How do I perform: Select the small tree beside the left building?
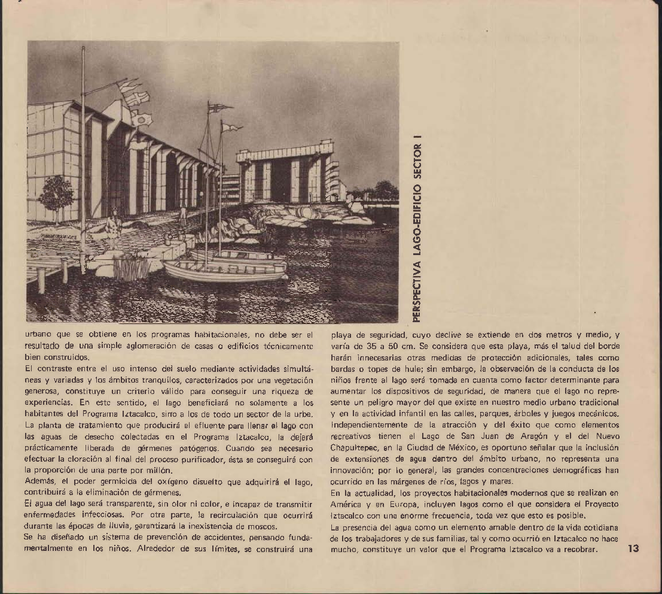[x=56, y=195]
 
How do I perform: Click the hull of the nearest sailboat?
[x=221, y=272]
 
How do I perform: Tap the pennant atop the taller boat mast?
[x=219, y=108]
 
